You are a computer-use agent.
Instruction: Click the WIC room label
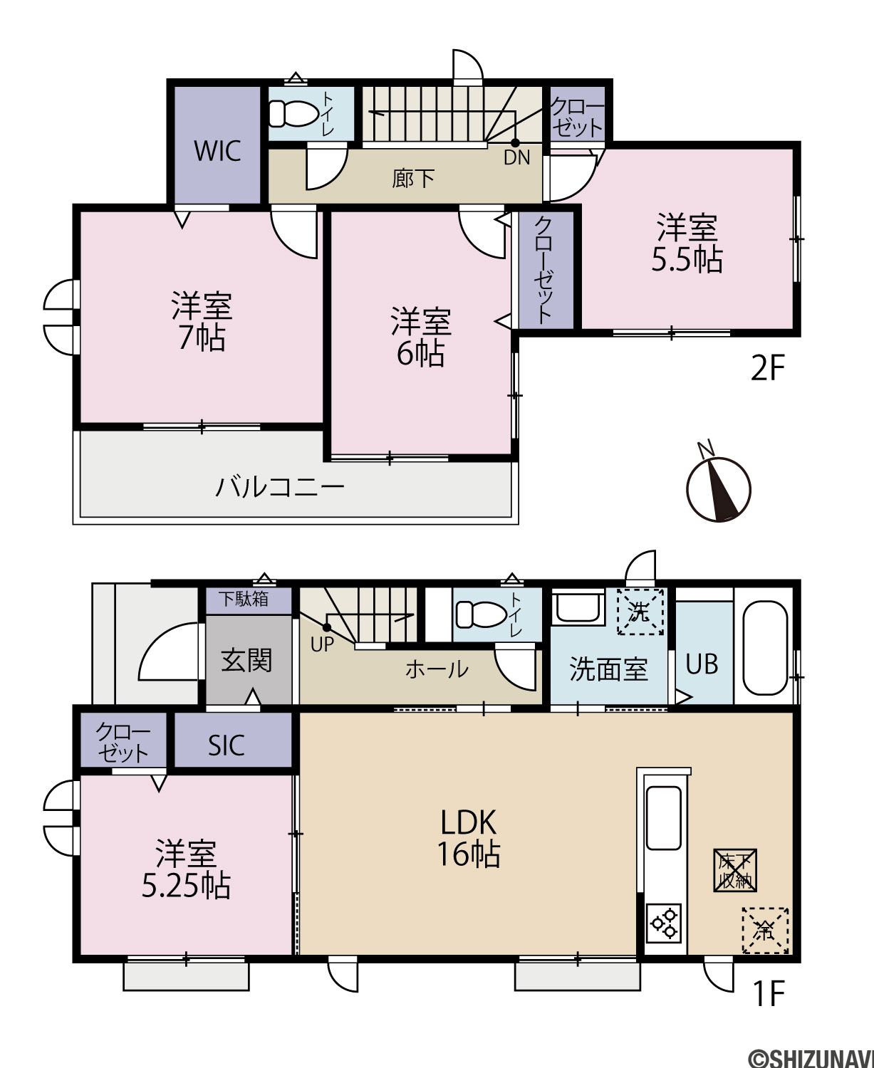[217, 150]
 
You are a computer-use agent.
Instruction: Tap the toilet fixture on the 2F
[292, 113]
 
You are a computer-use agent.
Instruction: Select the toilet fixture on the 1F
[480, 614]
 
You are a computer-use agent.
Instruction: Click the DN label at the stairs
[517, 158]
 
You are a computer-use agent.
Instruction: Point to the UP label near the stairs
[322, 644]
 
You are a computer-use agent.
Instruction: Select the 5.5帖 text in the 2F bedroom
[687, 260]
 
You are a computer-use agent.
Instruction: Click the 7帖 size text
[202, 337]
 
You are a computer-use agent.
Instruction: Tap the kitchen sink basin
[664, 818]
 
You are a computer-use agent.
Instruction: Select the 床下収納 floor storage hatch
[735, 870]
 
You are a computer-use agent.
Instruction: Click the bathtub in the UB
[765, 648]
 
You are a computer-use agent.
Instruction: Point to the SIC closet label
[227, 745]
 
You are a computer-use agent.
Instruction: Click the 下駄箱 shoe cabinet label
[244, 599]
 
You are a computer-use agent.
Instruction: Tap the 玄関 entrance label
[246, 660]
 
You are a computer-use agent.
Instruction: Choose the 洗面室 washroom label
[608, 669]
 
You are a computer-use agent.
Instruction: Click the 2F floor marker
[767, 369]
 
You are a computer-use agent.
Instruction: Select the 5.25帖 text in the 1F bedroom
[186, 886]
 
